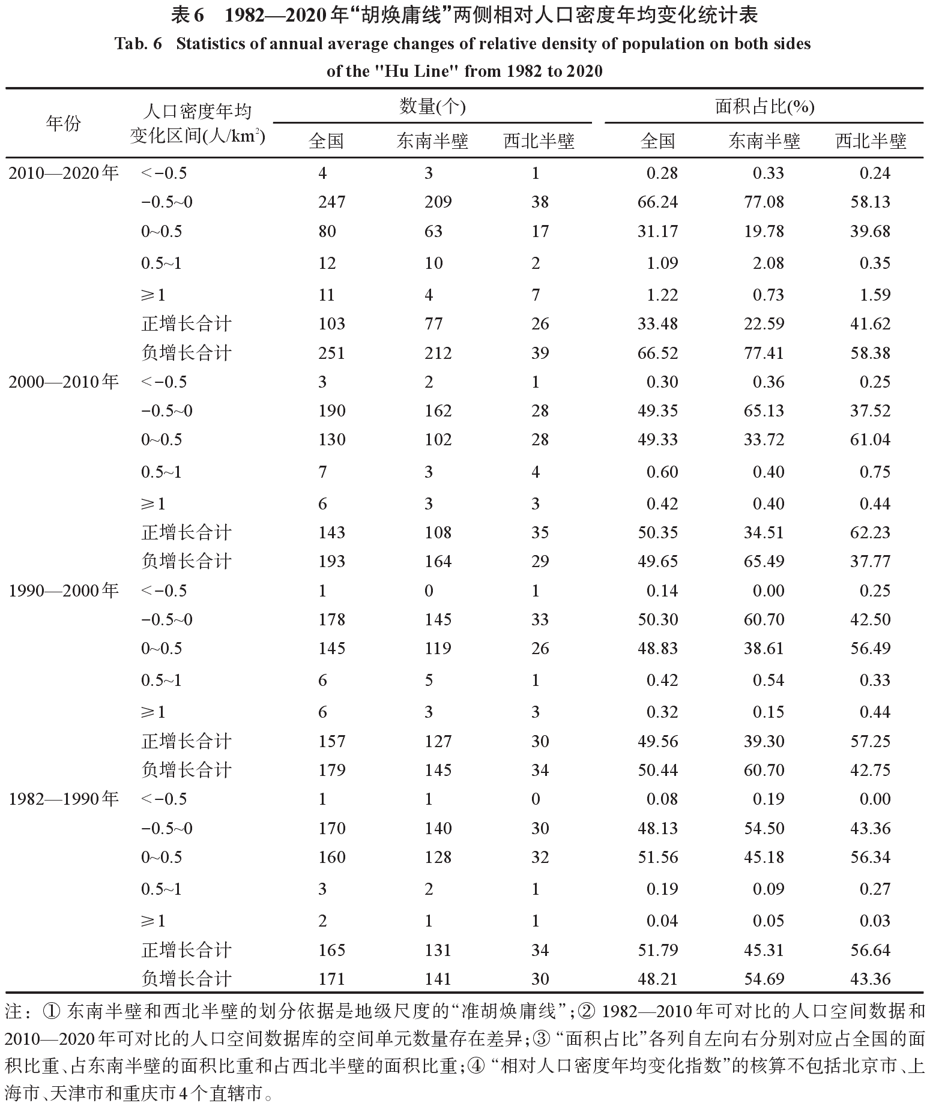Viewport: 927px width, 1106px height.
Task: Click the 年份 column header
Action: coord(63,124)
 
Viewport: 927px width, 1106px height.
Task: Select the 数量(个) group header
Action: coord(432,107)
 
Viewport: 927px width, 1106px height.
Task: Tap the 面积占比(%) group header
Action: coord(764,107)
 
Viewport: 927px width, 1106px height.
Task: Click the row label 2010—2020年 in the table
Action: coord(64,173)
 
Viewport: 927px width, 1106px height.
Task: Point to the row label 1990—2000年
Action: coord(64,591)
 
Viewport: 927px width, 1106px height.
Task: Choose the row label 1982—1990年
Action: coord(64,799)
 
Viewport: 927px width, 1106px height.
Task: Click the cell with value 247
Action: coord(331,202)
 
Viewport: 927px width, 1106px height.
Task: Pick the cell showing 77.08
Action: coord(764,202)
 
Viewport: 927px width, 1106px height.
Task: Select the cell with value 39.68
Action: coord(870,231)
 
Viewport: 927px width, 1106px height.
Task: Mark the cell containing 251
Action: coord(331,353)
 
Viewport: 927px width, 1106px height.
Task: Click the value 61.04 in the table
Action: coord(870,439)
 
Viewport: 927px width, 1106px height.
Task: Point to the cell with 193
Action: coord(331,561)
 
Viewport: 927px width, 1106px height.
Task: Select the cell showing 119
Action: coord(438,648)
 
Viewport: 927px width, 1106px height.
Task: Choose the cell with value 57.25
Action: coord(870,741)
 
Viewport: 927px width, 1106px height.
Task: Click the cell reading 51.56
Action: coord(657,857)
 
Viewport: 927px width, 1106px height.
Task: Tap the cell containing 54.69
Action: coord(764,979)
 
